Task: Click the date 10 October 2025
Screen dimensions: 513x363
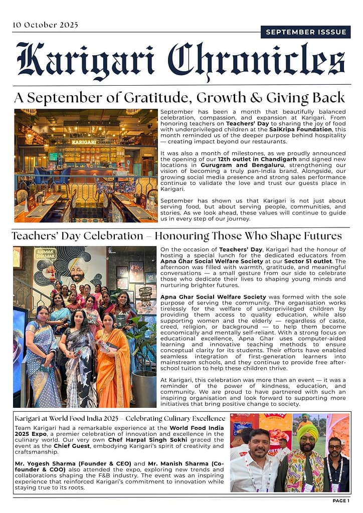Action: [45, 25]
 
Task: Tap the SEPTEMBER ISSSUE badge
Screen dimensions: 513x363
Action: [306, 32]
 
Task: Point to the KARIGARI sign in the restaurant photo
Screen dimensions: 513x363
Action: [83, 142]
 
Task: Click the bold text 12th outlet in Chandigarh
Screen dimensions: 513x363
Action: [252, 159]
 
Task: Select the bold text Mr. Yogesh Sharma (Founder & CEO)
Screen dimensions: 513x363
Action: [73, 463]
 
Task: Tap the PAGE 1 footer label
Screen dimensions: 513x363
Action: [341, 500]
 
